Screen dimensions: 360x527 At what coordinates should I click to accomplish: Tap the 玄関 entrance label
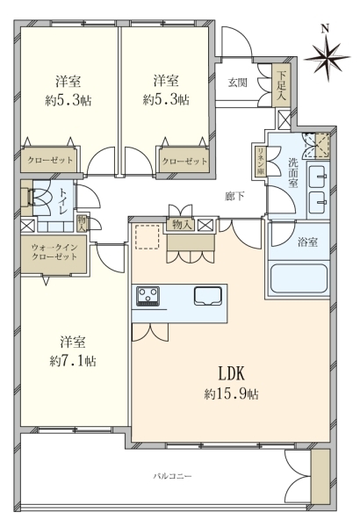(x=238, y=83)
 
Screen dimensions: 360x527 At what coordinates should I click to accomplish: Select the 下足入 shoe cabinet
(x=281, y=85)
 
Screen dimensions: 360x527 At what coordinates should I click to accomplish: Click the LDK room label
(x=232, y=373)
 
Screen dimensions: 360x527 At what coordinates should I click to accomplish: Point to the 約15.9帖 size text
(x=232, y=393)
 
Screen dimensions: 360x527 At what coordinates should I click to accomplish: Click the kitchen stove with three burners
(x=148, y=296)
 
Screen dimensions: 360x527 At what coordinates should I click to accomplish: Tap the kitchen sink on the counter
(x=208, y=296)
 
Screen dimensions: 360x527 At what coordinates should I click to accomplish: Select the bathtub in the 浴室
(x=299, y=278)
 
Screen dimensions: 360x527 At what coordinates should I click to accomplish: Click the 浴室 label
(x=307, y=242)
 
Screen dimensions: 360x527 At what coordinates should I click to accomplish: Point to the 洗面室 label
(x=292, y=172)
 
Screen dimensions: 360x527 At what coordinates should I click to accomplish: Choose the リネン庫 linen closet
(x=261, y=162)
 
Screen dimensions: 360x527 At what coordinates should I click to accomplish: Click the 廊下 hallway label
(x=234, y=196)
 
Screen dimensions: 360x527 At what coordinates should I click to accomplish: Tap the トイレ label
(x=63, y=200)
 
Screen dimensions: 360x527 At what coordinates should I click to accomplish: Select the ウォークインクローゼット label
(x=54, y=252)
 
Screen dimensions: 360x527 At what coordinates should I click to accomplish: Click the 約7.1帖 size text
(x=73, y=361)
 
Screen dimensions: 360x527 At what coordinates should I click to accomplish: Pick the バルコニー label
(x=172, y=476)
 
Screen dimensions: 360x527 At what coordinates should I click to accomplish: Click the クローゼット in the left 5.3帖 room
(x=50, y=160)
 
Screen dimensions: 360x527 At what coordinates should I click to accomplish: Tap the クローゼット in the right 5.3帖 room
(x=184, y=161)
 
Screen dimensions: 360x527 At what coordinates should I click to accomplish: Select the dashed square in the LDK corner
(x=148, y=237)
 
